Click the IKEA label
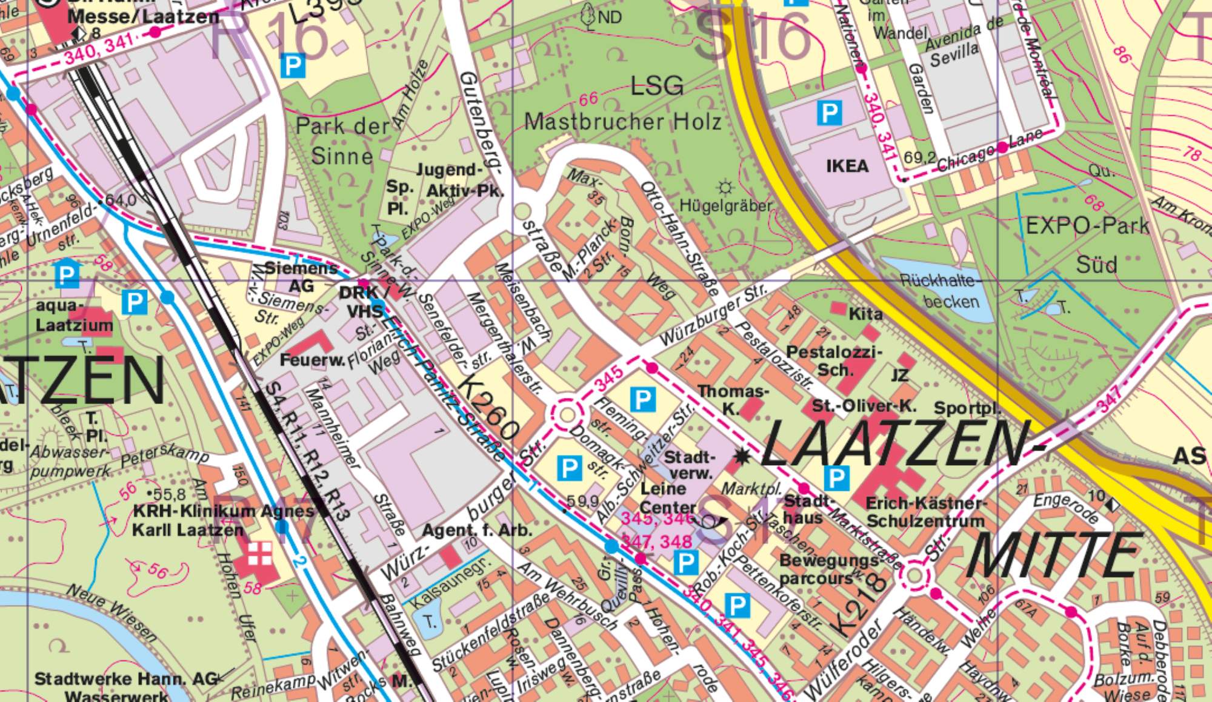pyautogui.click(x=847, y=166)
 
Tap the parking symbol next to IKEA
pyautogui.click(x=829, y=113)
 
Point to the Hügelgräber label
pyautogui.click(x=725, y=206)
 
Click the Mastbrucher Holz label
pyautogui.click(x=622, y=122)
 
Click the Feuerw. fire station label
pyautogui.click(x=312, y=360)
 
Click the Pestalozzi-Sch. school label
pyautogui.click(x=834, y=360)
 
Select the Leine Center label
pyautogui.click(x=668, y=498)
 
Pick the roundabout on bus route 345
pyautogui.click(x=567, y=415)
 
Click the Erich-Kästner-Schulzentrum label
pyautogui.click(x=925, y=512)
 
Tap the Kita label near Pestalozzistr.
pyautogui.click(x=865, y=314)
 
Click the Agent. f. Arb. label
pyautogui.click(x=476, y=531)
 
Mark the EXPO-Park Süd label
pyautogui.click(x=1088, y=244)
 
